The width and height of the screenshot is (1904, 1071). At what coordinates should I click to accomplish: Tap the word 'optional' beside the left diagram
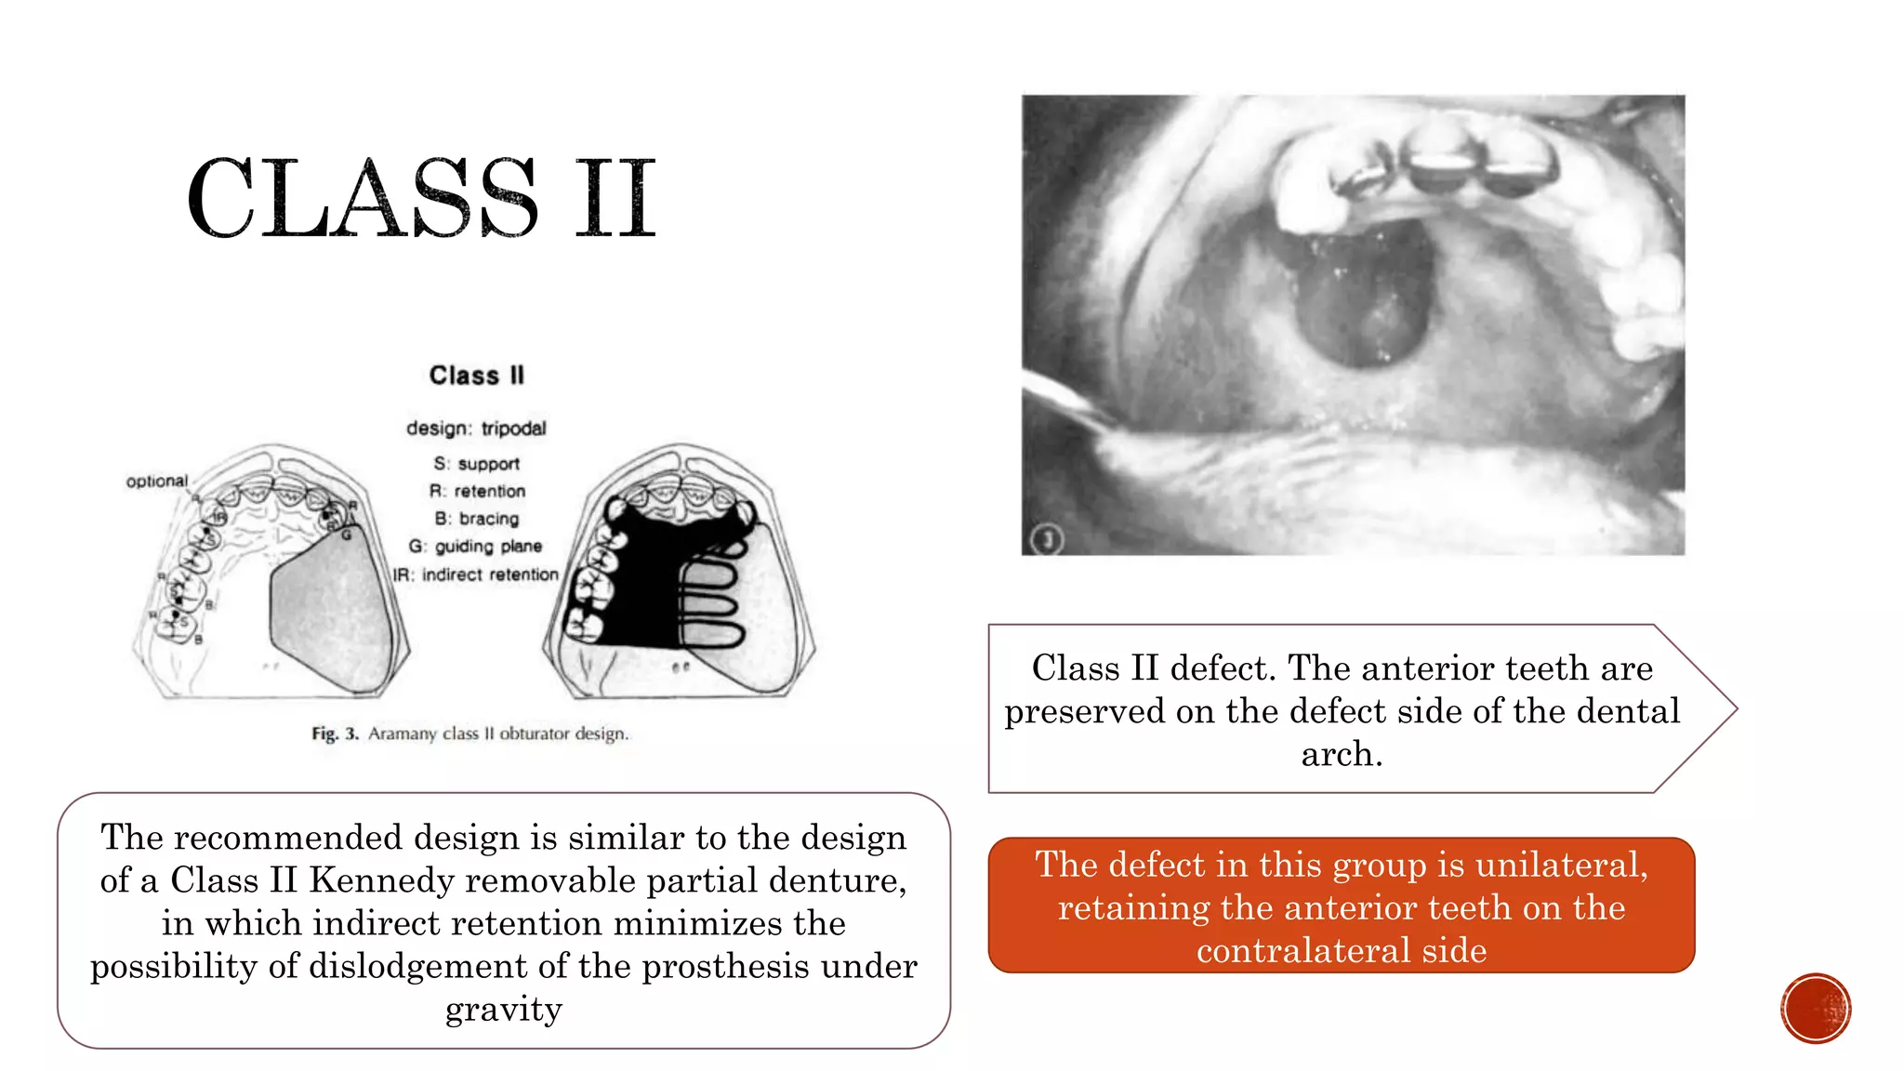point(157,481)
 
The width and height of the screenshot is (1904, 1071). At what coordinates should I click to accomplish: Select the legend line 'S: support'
point(476,463)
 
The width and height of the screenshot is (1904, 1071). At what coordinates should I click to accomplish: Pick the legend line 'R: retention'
point(477,491)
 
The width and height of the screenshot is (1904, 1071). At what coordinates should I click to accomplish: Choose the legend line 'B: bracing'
point(477,519)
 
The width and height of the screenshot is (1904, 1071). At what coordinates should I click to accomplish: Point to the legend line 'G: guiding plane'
point(475,546)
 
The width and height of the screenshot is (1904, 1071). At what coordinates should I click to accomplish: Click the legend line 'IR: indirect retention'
point(475,575)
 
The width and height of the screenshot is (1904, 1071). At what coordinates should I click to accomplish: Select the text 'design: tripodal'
point(476,428)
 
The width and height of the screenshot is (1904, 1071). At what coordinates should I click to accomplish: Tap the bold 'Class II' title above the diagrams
point(476,376)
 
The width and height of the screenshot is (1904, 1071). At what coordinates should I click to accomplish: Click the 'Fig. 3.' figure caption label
point(335,734)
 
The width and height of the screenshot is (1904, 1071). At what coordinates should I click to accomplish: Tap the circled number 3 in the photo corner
point(1048,538)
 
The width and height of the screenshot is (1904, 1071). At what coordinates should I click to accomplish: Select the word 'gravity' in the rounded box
point(503,1009)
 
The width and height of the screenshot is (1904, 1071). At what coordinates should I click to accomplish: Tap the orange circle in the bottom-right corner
point(1816,1009)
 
